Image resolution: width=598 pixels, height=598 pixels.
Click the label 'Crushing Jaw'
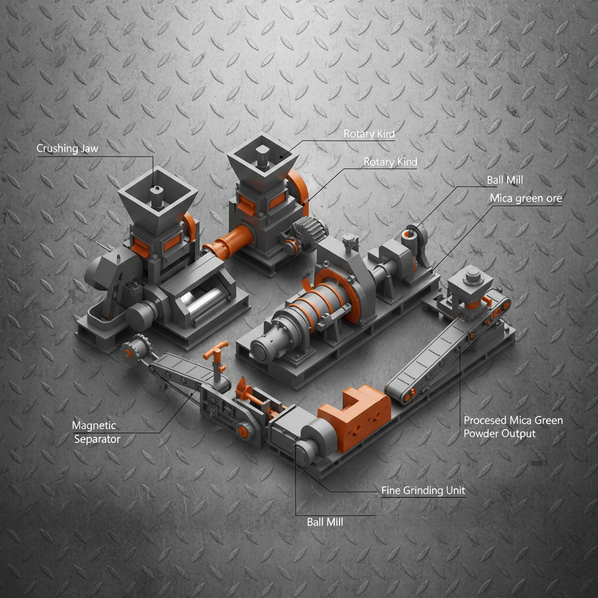tap(67, 148)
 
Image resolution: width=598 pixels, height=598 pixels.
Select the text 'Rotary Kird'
tap(368, 134)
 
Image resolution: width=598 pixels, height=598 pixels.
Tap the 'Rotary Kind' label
tap(390, 162)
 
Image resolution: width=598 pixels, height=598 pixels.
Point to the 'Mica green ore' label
tap(526, 199)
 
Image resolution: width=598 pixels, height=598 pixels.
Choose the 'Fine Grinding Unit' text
tap(423, 491)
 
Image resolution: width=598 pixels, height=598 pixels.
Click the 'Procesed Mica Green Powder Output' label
tap(513, 427)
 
